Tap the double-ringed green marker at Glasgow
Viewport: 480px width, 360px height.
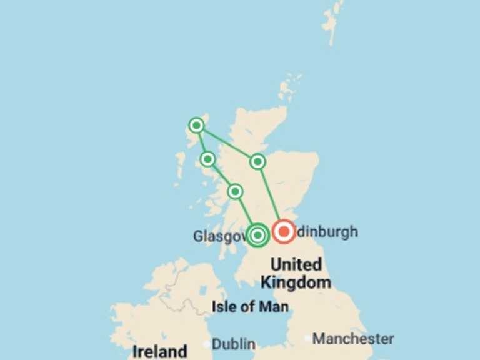pyautogui.click(x=257, y=235)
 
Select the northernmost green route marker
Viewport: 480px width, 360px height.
pyautogui.click(x=197, y=126)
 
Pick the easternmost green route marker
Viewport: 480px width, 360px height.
pyautogui.click(x=257, y=162)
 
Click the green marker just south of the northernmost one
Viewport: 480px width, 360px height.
pyautogui.click(x=208, y=159)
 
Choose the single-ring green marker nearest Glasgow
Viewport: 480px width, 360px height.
pyautogui.click(x=235, y=191)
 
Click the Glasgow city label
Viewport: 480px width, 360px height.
pyautogui.click(x=219, y=236)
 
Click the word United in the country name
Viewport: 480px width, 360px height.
pyautogui.click(x=296, y=264)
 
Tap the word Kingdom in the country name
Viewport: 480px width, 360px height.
pyautogui.click(x=296, y=282)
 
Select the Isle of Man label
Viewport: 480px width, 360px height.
pyautogui.click(x=250, y=307)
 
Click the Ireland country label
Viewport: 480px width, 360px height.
pyautogui.click(x=159, y=351)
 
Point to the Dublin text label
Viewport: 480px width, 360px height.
pyautogui.click(x=234, y=344)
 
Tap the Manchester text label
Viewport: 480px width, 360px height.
pyautogui.click(x=353, y=339)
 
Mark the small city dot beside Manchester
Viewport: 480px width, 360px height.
pyautogui.click(x=306, y=339)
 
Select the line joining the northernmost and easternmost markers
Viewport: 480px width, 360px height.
pyautogui.click(x=227, y=144)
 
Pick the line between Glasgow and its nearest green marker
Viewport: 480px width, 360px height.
pyautogui.click(x=246, y=212)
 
